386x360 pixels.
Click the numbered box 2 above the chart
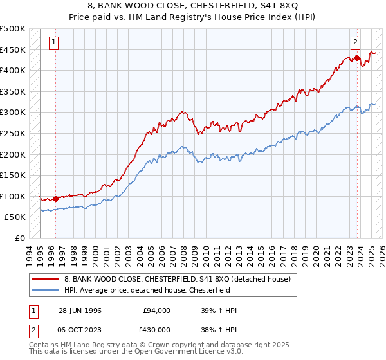click(x=355, y=43)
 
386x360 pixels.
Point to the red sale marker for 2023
click(x=357, y=58)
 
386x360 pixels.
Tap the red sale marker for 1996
click(x=55, y=198)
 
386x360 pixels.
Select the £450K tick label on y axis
click(x=13, y=50)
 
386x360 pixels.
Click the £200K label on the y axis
click(x=13, y=154)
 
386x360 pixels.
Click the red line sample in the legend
click(x=44, y=279)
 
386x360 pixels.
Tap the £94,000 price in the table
click(x=156, y=310)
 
